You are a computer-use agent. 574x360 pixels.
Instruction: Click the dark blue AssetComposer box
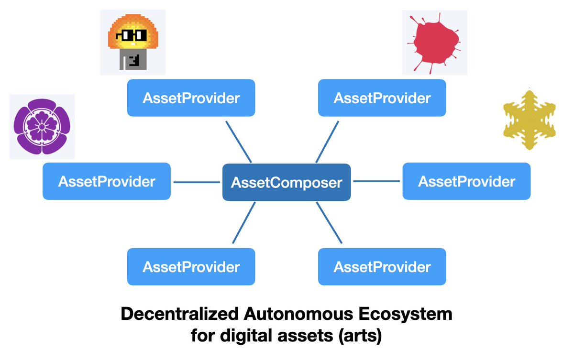coord(287,182)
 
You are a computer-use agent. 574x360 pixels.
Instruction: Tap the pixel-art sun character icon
coord(132,42)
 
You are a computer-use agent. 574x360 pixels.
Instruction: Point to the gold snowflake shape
coord(530,119)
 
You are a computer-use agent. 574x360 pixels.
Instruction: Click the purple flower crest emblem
coord(42,126)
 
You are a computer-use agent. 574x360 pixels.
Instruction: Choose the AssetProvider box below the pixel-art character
coord(191,98)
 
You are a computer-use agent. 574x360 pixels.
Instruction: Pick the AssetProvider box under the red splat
coord(382,98)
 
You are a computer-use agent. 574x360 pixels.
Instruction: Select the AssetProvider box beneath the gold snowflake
coord(466,181)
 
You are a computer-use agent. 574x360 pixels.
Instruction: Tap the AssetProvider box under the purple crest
coord(106,181)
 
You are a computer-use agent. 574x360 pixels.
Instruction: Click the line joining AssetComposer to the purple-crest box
coord(196,182)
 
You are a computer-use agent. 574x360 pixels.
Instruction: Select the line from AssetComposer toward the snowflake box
coord(376,181)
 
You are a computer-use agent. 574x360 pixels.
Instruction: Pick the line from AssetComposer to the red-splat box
coord(327,142)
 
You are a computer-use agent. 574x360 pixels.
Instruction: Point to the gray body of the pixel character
coord(132,61)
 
